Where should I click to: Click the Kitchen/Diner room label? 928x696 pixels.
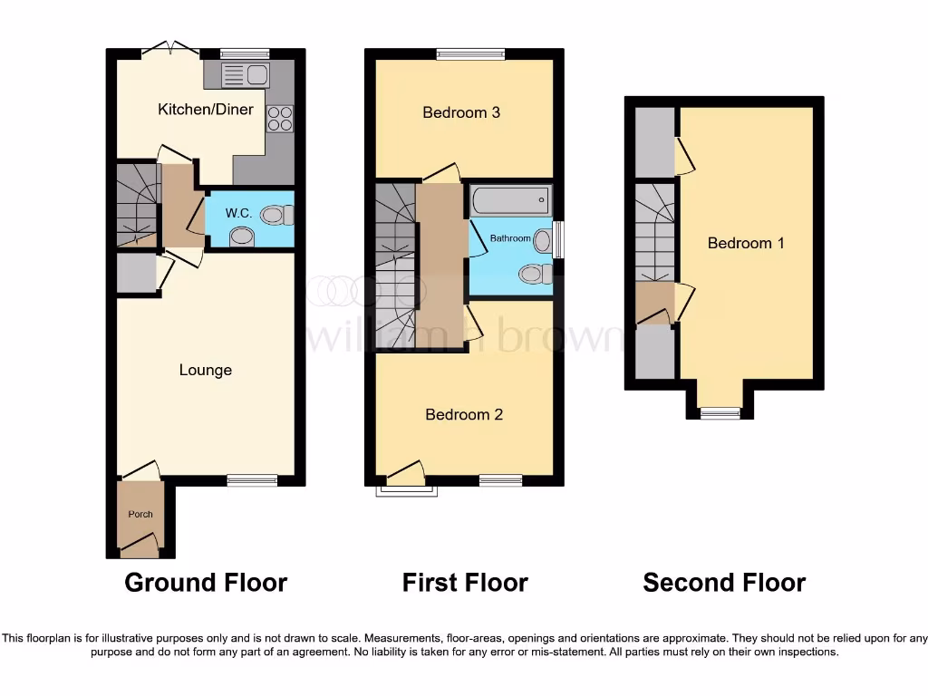[x=206, y=110]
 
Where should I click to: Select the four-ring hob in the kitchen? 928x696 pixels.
[x=280, y=119]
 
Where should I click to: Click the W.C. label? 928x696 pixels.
[x=238, y=213]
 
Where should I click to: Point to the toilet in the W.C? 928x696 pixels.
[x=277, y=216]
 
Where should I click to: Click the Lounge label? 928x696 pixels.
[x=206, y=370]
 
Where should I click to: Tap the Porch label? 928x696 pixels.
[x=140, y=514]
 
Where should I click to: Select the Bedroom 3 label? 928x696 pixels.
[x=461, y=112]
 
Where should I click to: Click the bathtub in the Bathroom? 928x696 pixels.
[x=510, y=199]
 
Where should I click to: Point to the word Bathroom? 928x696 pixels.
[x=510, y=238]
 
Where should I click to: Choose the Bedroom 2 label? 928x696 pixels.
[x=464, y=414]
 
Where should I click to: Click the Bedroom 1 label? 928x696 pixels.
[x=746, y=243]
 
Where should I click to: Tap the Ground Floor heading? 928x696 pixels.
[x=206, y=582]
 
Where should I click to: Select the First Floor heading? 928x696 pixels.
[x=465, y=582]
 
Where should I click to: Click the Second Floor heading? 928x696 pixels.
[x=724, y=582]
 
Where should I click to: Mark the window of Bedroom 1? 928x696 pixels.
[x=720, y=413]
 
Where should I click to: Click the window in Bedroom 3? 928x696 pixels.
[x=470, y=54]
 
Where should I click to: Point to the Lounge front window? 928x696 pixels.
[x=252, y=480]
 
